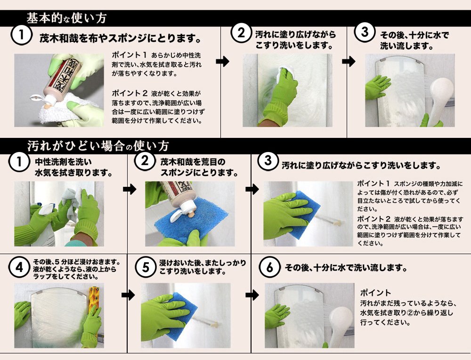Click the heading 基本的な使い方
click(x=67, y=18)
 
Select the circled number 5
click(x=145, y=267)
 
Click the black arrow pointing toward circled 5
click(x=128, y=295)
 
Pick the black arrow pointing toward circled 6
click(x=252, y=295)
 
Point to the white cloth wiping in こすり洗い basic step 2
click(x=285, y=74)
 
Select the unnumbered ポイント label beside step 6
click(x=375, y=293)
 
